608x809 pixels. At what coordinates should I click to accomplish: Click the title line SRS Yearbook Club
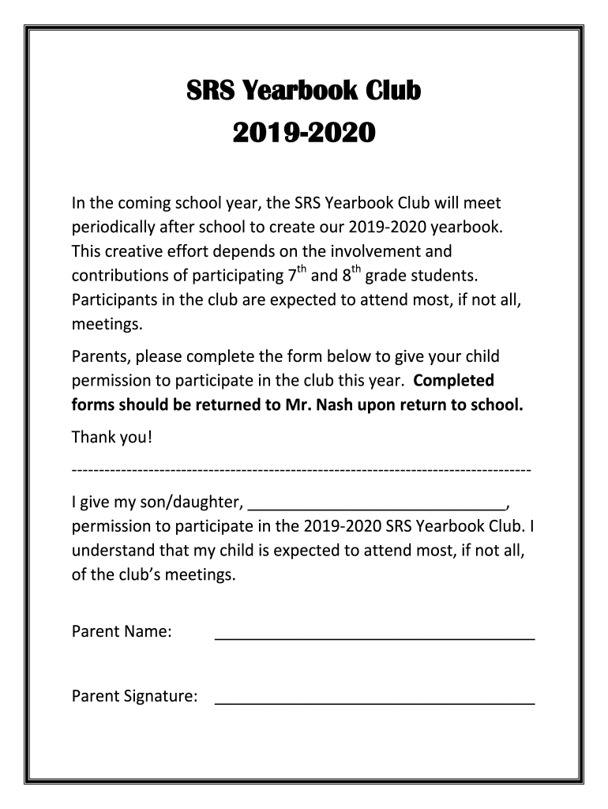click(x=303, y=92)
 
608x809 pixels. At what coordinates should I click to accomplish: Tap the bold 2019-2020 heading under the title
click(x=303, y=134)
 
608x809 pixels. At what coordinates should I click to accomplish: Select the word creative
click(x=137, y=252)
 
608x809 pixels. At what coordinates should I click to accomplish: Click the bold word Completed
click(x=454, y=381)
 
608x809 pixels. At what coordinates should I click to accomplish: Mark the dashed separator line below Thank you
click(x=301, y=470)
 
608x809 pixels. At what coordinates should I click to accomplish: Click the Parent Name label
click(x=122, y=632)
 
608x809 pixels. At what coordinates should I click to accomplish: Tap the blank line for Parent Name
click(x=374, y=637)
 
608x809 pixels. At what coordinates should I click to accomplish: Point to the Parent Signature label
click(x=134, y=697)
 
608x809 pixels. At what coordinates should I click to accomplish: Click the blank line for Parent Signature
click(x=374, y=702)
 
